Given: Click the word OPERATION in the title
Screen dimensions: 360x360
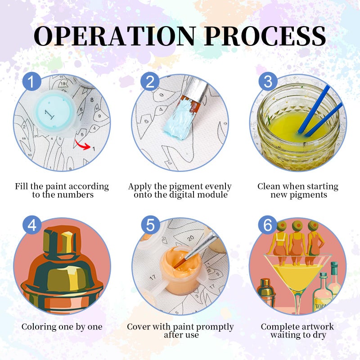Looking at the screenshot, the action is (115, 36).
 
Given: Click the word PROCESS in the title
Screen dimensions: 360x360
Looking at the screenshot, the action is (265, 36).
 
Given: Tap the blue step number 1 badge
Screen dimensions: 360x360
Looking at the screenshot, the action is (32, 81).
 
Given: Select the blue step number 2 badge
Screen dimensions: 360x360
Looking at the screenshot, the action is (150, 81).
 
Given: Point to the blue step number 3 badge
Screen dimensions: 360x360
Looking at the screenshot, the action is (268, 81).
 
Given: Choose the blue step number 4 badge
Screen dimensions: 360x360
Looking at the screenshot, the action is (32, 225).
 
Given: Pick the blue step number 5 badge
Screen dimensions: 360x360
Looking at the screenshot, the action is (150, 225).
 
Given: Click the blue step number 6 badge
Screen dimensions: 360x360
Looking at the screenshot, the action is (268, 225).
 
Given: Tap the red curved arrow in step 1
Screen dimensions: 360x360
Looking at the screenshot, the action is (83, 145).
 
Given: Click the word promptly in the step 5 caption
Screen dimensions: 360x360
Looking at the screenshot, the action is (213, 327).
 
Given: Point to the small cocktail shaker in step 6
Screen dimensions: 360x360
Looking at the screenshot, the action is (266, 293).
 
